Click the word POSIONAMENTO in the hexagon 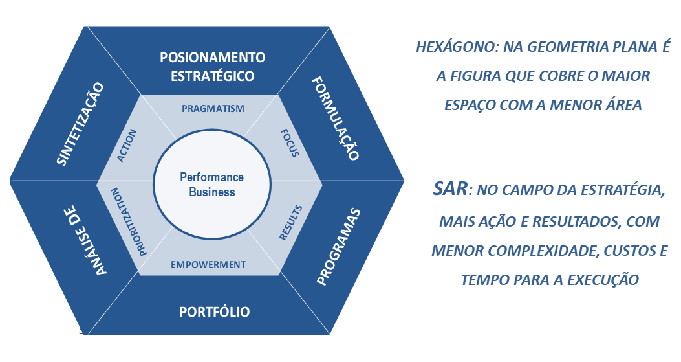(212, 58)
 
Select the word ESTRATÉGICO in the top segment (212, 76)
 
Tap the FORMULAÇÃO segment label (334, 119)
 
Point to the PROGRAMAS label (338, 247)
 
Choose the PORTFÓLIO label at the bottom (214, 312)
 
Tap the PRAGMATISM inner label (213, 108)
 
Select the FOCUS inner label (290, 143)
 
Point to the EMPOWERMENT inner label (208, 264)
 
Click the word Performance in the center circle (211, 177)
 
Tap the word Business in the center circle (212, 192)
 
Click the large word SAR (451, 190)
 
